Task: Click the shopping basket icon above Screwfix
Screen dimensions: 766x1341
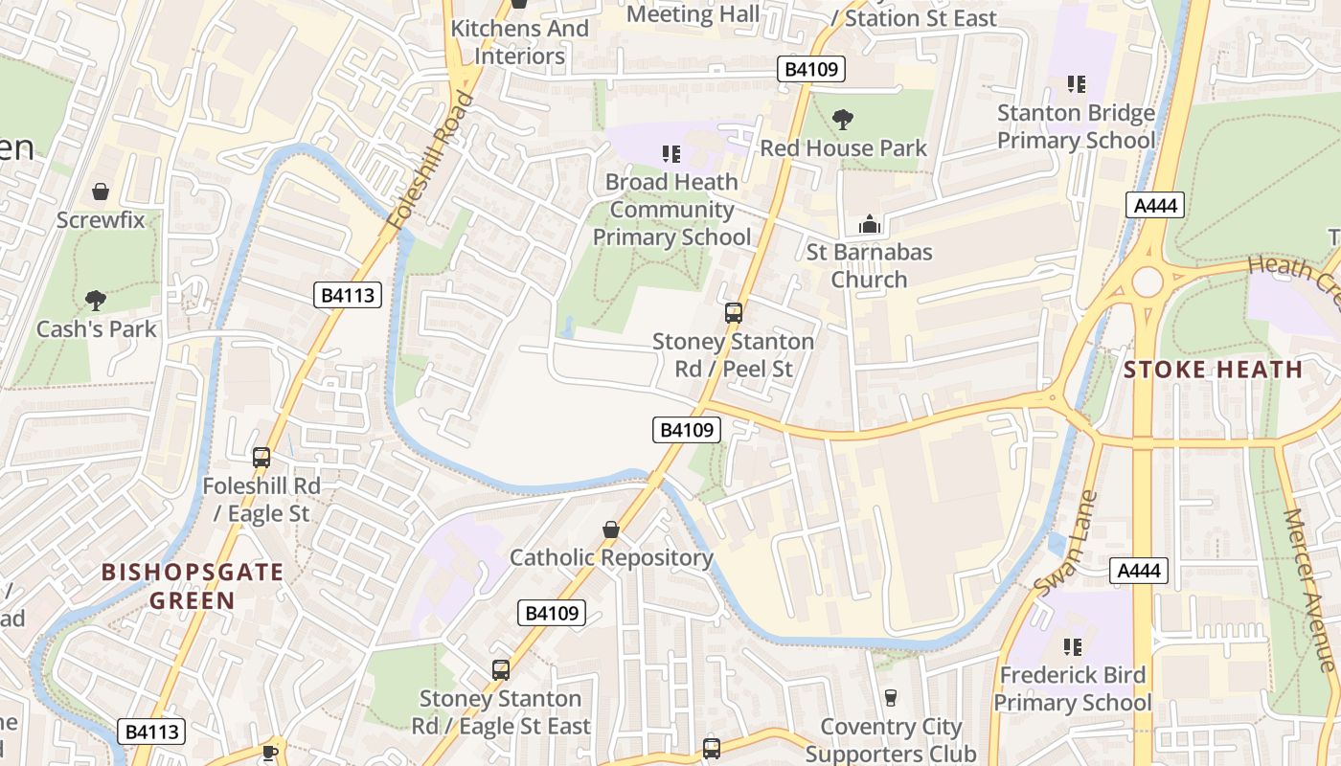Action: click(101, 192)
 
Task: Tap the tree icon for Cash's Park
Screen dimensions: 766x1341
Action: click(96, 301)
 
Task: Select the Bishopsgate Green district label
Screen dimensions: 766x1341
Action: click(193, 586)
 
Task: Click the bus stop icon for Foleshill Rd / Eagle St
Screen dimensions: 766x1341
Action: click(261, 458)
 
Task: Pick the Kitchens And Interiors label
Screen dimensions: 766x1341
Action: click(519, 42)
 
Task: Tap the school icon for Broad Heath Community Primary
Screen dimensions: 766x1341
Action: click(671, 153)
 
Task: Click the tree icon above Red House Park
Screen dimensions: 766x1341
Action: click(843, 120)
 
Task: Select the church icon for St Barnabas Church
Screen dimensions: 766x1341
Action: click(870, 224)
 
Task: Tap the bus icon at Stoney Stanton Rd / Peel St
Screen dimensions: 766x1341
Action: click(734, 312)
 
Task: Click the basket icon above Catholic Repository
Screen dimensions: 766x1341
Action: click(611, 529)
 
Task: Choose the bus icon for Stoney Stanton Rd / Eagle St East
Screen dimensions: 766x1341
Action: click(501, 670)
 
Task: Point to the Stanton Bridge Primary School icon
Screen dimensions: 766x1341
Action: click(1077, 84)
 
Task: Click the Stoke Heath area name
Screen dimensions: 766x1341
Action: click(1213, 370)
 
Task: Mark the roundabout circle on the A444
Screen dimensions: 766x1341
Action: click(1147, 282)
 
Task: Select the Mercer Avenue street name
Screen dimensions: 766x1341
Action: click(1308, 589)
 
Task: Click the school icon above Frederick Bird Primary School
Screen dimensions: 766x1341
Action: click(1072, 647)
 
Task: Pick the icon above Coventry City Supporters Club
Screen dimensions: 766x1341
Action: click(891, 697)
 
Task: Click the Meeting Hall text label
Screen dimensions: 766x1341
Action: click(693, 14)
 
